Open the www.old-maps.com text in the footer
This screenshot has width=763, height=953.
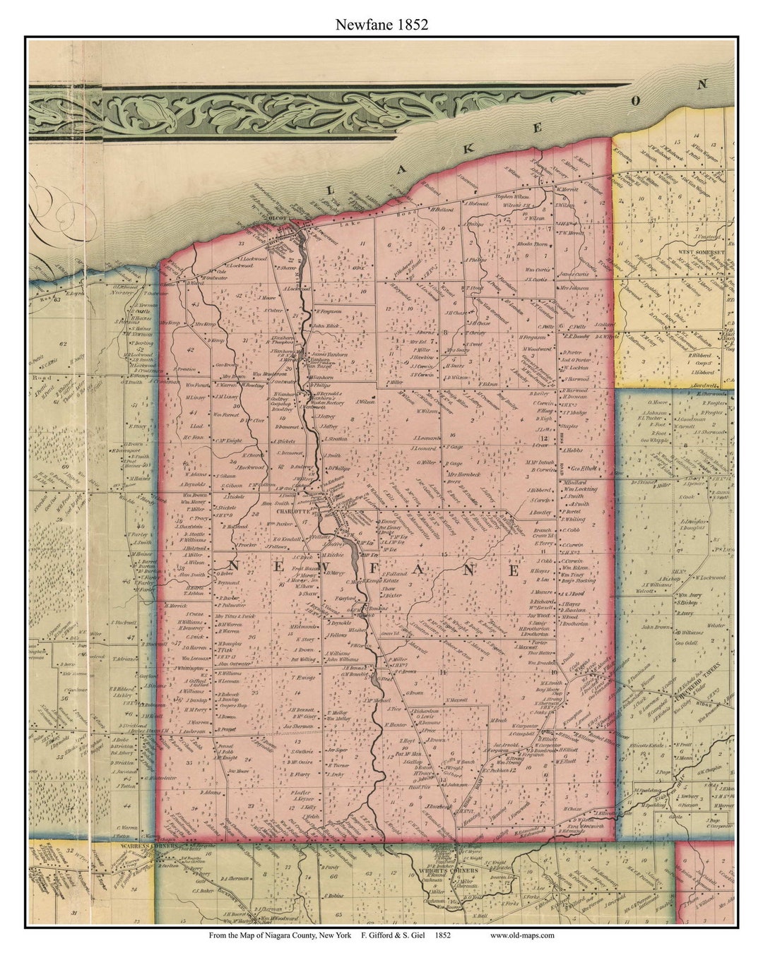click(521, 935)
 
